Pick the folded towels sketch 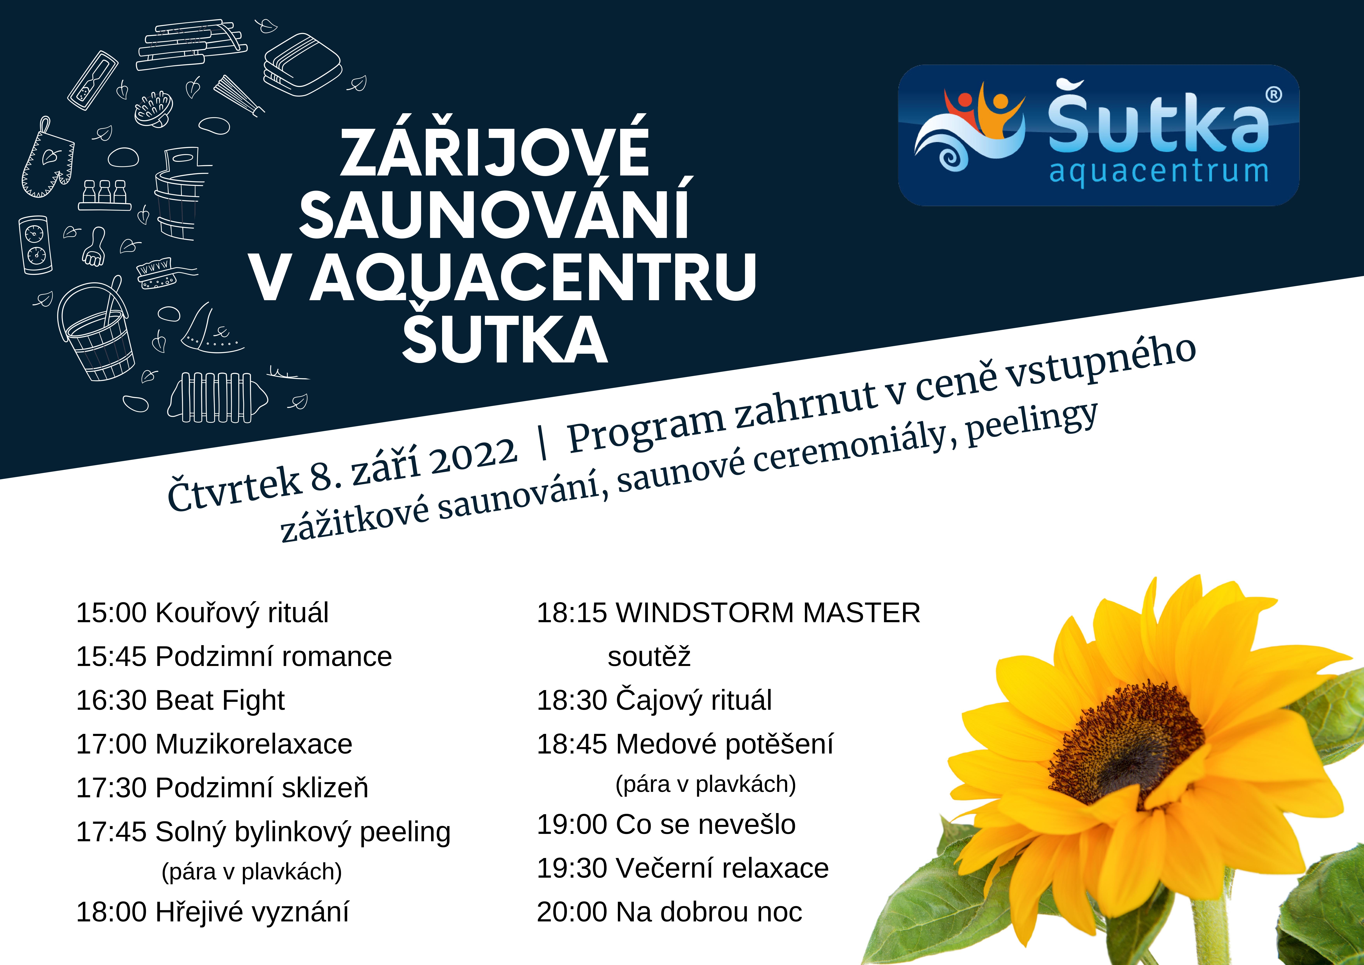(303, 65)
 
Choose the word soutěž (649, 656)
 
